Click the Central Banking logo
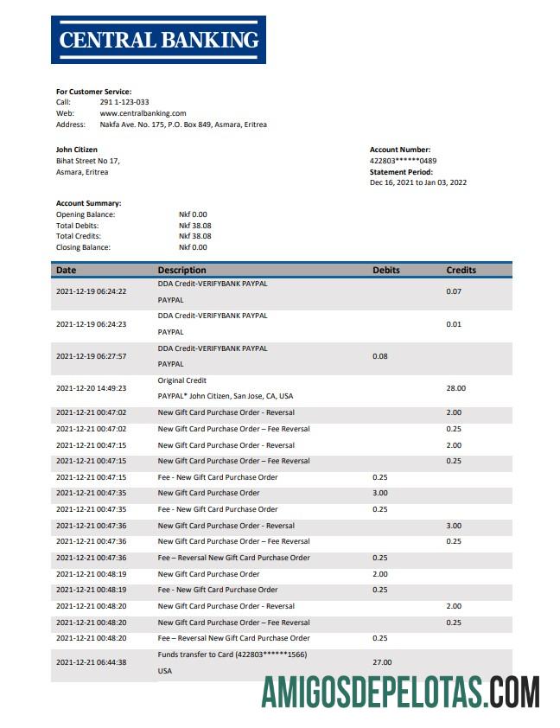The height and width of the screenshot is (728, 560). click(158, 40)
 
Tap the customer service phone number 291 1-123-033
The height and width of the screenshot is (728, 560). click(124, 102)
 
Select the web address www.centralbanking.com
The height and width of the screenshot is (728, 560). click(143, 113)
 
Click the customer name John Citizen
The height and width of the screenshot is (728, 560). click(77, 150)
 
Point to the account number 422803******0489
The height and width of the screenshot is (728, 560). click(403, 161)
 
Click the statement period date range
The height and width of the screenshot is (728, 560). click(418, 182)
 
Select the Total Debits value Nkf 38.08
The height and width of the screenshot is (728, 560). click(194, 225)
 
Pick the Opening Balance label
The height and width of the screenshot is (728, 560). click(86, 214)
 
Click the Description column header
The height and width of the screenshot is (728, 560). click(181, 270)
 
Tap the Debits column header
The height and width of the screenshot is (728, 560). click(386, 270)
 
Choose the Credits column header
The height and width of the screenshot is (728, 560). click(461, 270)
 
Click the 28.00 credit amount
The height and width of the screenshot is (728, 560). click(455, 389)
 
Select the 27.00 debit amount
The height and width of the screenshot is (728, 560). click(382, 662)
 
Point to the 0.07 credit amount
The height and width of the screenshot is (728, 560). click(454, 291)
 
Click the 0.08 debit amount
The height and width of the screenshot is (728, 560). click(379, 356)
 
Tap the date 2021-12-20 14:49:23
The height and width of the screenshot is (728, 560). click(91, 389)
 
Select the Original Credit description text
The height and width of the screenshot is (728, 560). click(182, 380)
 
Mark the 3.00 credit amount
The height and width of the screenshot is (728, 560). click(454, 526)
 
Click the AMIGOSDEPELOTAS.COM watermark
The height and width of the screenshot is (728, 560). click(401, 693)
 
